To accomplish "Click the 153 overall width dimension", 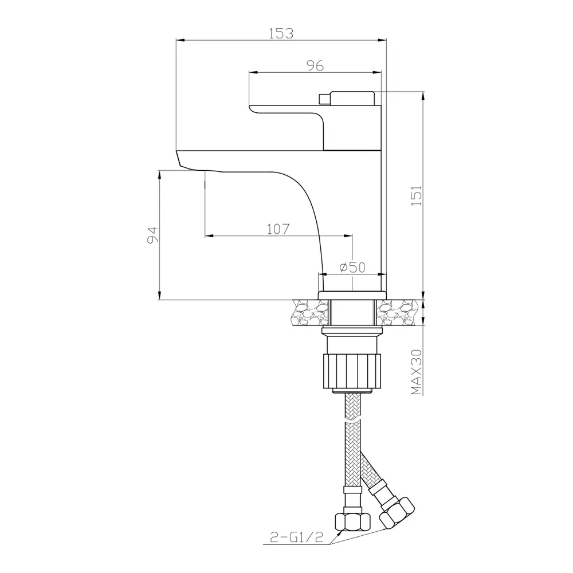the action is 281,33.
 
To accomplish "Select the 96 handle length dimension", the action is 315,65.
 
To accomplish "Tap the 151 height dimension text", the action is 417,195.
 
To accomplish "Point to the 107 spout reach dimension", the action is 278,229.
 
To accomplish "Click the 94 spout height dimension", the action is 153,234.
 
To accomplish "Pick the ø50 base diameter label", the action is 352,267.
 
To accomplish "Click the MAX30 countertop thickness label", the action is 417,372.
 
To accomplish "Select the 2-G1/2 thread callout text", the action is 297,537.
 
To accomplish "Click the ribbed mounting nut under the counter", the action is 351,370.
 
